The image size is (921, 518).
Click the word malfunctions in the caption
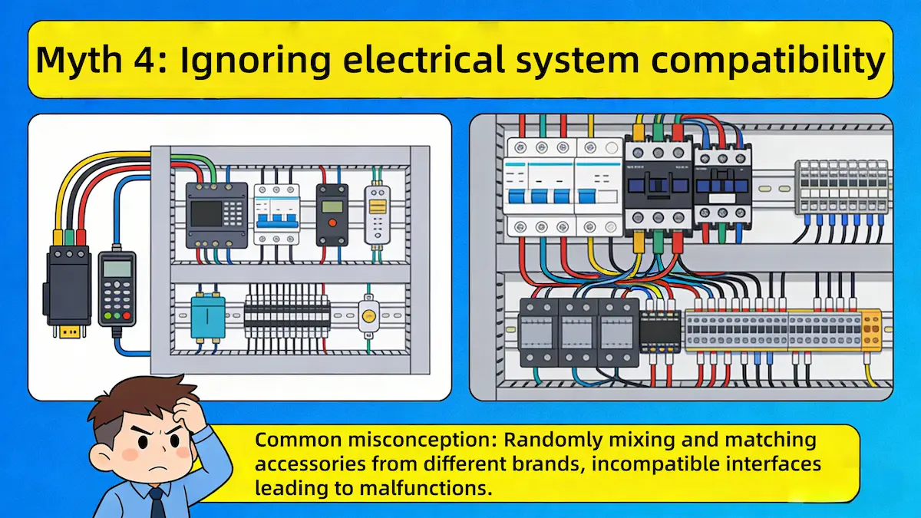[x=427, y=487]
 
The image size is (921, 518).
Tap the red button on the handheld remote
[x=127, y=315]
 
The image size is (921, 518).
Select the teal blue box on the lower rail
[x=208, y=318]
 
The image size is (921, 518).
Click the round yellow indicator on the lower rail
[x=369, y=317]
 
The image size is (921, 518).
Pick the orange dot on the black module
[x=332, y=223]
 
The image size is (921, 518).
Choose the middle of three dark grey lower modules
[x=578, y=332]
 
